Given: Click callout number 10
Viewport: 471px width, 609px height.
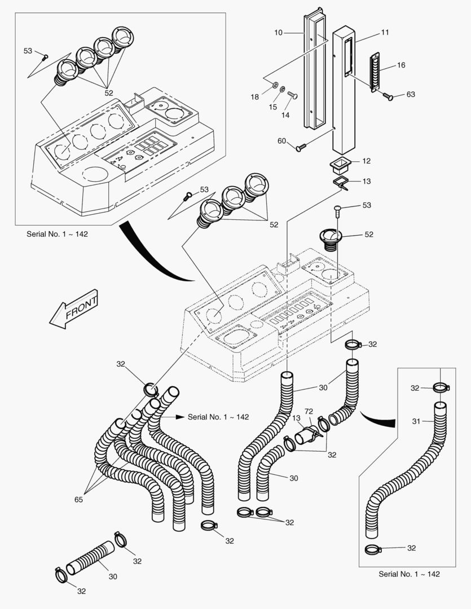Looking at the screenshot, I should tap(279, 33).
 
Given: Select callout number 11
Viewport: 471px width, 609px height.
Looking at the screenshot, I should tap(385, 32).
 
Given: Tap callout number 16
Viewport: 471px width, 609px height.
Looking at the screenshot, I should tap(401, 65).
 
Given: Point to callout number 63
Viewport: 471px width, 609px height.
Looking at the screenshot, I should tap(411, 94).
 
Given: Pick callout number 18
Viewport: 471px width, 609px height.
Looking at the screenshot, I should tap(255, 97).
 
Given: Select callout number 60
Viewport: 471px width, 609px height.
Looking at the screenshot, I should tap(281, 140).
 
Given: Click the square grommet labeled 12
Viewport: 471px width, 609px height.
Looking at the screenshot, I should tap(340, 166).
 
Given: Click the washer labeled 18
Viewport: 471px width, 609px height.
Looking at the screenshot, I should tap(274, 85).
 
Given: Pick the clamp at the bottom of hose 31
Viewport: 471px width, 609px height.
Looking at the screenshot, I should tap(375, 549).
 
